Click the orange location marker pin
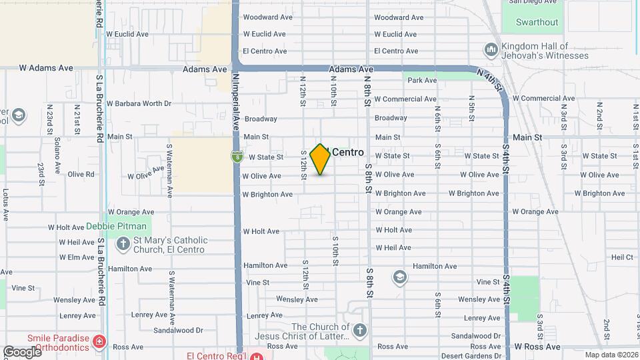[x=321, y=159]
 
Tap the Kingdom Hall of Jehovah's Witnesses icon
[x=492, y=50]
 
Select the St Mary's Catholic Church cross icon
[x=123, y=245]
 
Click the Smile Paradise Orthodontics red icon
[x=99, y=342]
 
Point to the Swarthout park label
[x=537, y=22]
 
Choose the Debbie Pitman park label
[x=117, y=227]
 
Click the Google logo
[x=22, y=351]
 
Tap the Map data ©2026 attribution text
[x=611, y=355]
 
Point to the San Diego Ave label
[x=533, y=2]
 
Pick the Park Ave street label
[x=422, y=80]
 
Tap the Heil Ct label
[x=621, y=257]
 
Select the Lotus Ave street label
[x=5, y=205]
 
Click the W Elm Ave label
[x=77, y=257]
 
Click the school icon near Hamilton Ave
[x=399, y=277]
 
